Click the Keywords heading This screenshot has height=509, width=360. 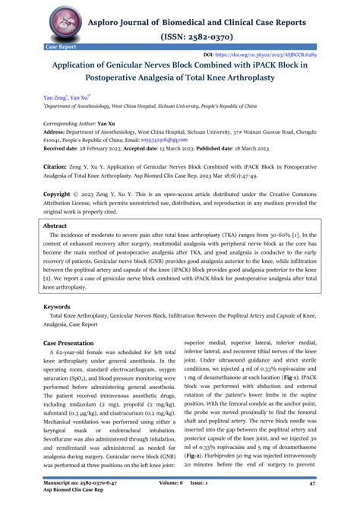(x=58, y=307)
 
